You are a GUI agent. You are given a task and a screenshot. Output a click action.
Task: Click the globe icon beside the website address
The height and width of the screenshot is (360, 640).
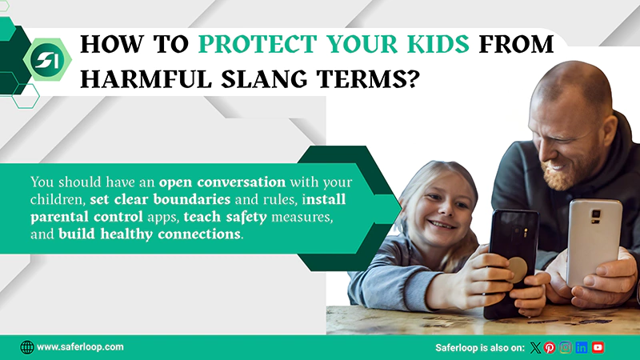coord(26,347)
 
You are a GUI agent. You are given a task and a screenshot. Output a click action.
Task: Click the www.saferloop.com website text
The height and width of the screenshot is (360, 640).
coord(80,347)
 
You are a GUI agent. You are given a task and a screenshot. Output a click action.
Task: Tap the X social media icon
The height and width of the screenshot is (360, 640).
coord(535,347)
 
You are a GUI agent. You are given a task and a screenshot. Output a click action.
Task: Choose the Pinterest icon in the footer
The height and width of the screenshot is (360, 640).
coord(550,347)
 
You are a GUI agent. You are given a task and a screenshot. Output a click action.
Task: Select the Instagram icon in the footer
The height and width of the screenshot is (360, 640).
coord(566,347)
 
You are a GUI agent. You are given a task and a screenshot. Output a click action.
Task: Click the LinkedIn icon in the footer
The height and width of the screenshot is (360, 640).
coord(582,347)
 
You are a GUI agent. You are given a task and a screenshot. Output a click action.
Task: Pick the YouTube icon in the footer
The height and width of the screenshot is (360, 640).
coord(598,347)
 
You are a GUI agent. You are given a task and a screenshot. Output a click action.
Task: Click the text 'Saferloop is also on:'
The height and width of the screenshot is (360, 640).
coord(479,347)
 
